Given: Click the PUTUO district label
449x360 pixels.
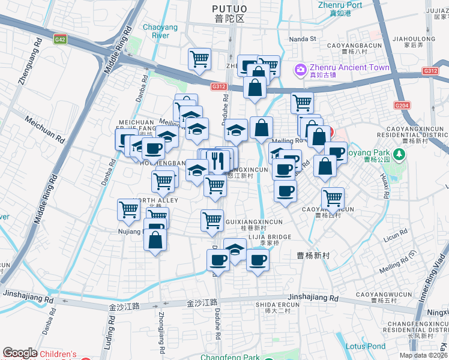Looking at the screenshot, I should (229, 8).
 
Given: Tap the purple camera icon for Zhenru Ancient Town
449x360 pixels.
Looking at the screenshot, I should (300, 70).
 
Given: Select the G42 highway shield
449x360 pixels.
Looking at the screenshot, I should (60, 40).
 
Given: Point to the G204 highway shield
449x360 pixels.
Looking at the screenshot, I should (402, 106).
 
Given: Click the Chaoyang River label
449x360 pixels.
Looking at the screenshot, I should (156, 31).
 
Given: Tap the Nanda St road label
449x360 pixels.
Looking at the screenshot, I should (302, 39).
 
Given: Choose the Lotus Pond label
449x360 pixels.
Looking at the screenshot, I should (366, 346).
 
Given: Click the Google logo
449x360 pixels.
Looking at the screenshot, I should (20, 353).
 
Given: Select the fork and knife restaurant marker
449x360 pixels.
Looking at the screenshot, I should (218, 161).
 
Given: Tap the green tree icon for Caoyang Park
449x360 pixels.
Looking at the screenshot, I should (399, 154).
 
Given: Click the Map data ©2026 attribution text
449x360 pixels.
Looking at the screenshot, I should (423, 355).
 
